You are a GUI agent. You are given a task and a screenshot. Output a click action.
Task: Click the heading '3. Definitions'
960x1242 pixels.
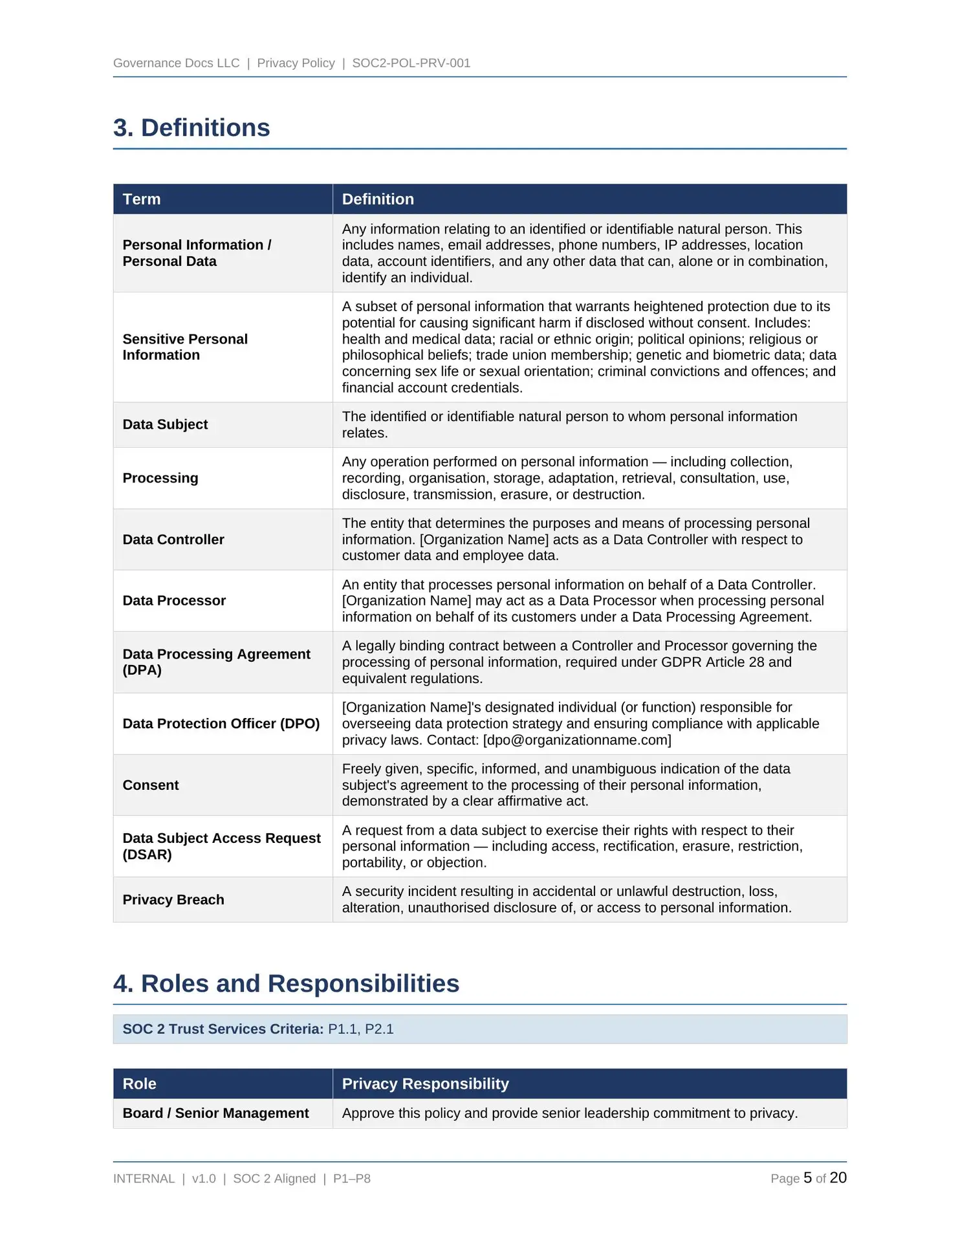point(191,128)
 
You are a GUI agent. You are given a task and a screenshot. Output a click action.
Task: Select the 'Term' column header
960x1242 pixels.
point(142,199)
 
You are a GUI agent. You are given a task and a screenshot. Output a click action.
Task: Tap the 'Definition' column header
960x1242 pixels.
point(378,199)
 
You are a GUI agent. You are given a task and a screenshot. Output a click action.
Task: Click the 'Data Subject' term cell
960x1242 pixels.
point(165,424)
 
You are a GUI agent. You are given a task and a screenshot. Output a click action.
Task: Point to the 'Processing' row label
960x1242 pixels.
point(160,478)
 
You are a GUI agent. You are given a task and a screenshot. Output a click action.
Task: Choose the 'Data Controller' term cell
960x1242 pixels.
point(173,539)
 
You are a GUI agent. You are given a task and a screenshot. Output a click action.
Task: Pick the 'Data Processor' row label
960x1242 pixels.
point(174,600)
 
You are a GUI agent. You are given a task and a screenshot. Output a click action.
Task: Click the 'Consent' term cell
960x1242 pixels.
point(151,785)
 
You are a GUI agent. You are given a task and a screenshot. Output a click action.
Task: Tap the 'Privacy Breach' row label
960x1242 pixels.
point(173,900)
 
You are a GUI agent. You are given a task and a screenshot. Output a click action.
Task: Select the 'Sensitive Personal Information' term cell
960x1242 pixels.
point(185,347)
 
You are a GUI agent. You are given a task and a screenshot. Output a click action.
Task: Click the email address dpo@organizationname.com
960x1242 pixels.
point(577,740)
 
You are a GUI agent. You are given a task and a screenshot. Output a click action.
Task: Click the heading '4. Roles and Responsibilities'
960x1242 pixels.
point(286,983)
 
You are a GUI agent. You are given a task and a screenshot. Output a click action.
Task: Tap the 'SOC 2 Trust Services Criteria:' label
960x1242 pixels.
point(223,1029)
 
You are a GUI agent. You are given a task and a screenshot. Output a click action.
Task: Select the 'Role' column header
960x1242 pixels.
point(140,1084)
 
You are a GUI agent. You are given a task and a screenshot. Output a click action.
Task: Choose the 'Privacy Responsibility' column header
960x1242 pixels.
point(425,1084)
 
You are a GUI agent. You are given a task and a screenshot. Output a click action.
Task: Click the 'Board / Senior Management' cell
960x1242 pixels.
point(215,1113)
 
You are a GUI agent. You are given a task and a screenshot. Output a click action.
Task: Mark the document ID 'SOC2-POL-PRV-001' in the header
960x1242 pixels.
point(411,63)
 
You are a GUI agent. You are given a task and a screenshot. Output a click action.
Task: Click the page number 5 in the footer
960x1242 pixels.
point(807,1178)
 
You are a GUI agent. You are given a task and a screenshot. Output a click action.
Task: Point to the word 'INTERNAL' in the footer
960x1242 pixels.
point(144,1179)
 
